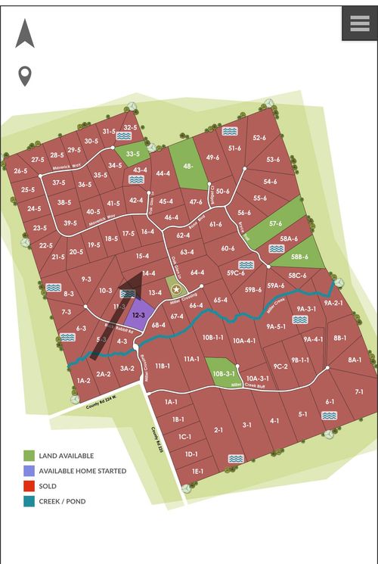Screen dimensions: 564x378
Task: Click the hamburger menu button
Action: [359, 23]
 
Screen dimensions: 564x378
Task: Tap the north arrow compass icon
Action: [25, 34]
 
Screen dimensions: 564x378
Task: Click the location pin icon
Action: [25, 76]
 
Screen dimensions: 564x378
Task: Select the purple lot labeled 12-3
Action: [138, 314]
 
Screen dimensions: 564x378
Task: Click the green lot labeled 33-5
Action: [132, 154]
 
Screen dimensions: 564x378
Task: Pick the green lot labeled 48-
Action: [187, 165]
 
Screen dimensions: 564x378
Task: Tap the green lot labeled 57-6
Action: [275, 224]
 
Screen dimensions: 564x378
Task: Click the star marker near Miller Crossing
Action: [176, 288]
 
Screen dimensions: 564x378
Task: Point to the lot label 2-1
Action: [218, 430]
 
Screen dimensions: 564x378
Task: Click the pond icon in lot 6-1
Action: [328, 416]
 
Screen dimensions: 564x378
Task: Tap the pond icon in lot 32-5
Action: [123, 136]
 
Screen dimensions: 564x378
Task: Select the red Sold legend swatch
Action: [29, 486]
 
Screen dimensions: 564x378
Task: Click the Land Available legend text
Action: [67, 456]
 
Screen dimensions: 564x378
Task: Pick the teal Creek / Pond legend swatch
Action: [29, 501]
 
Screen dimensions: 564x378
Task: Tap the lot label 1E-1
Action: [197, 471]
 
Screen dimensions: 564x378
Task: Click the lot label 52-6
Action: [259, 138]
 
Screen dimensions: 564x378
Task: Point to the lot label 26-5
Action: [20, 171]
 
